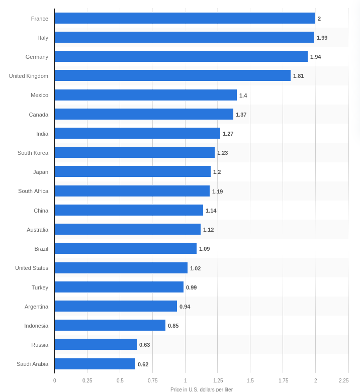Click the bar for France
(185, 18)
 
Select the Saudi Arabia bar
(95, 364)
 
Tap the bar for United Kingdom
(172, 75)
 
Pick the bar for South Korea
(135, 152)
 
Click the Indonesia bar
(110, 325)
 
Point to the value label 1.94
(315, 57)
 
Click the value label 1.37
(241, 115)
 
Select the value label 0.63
(144, 345)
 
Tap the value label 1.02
(195, 268)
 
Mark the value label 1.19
(217, 191)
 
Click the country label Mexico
(39, 95)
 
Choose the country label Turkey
(40, 287)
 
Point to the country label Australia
(37, 230)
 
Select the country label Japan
(41, 172)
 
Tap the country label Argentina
(36, 307)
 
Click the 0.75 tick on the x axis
(152, 381)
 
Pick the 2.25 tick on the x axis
(343, 381)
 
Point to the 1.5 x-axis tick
(250, 381)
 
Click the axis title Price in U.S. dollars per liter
(201, 389)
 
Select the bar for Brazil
(126, 248)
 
